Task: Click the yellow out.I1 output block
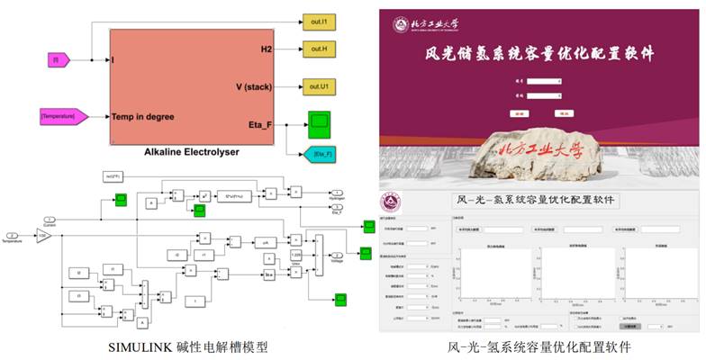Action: coord(321,18)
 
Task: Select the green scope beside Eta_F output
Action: coord(321,121)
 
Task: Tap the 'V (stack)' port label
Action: coord(254,86)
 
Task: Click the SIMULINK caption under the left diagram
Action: coord(188,346)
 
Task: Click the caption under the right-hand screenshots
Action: coord(539,346)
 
